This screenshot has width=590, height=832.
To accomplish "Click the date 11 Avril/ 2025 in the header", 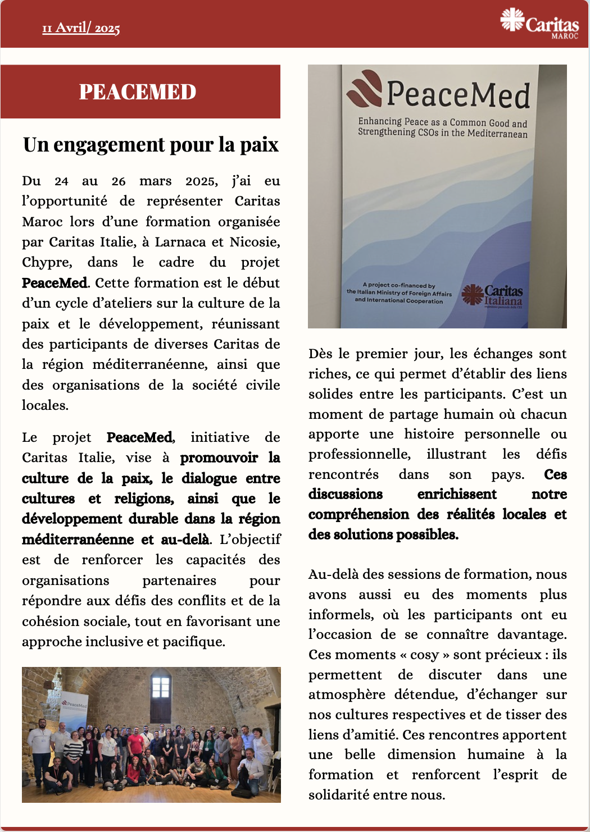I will click(x=81, y=28).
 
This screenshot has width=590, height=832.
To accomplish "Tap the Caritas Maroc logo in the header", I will click(x=539, y=24).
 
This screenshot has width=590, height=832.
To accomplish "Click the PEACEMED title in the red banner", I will click(x=138, y=92).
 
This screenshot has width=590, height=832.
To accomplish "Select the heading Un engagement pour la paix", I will click(x=151, y=145).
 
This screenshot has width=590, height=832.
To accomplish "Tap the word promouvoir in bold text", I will click(x=219, y=458).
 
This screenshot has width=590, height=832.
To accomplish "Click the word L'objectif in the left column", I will click(x=250, y=540).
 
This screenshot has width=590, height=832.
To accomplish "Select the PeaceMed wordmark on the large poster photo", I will click(x=458, y=94).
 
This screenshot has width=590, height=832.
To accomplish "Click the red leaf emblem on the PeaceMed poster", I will click(x=365, y=89).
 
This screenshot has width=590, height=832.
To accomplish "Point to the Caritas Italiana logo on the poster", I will click(x=492, y=296).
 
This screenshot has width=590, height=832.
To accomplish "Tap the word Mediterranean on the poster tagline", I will click(x=497, y=134).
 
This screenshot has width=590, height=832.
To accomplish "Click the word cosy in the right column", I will click(x=424, y=655).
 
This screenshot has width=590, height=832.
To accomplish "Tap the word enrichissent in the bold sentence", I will click(x=457, y=495).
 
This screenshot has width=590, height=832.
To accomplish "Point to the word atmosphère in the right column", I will click(x=347, y=695).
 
